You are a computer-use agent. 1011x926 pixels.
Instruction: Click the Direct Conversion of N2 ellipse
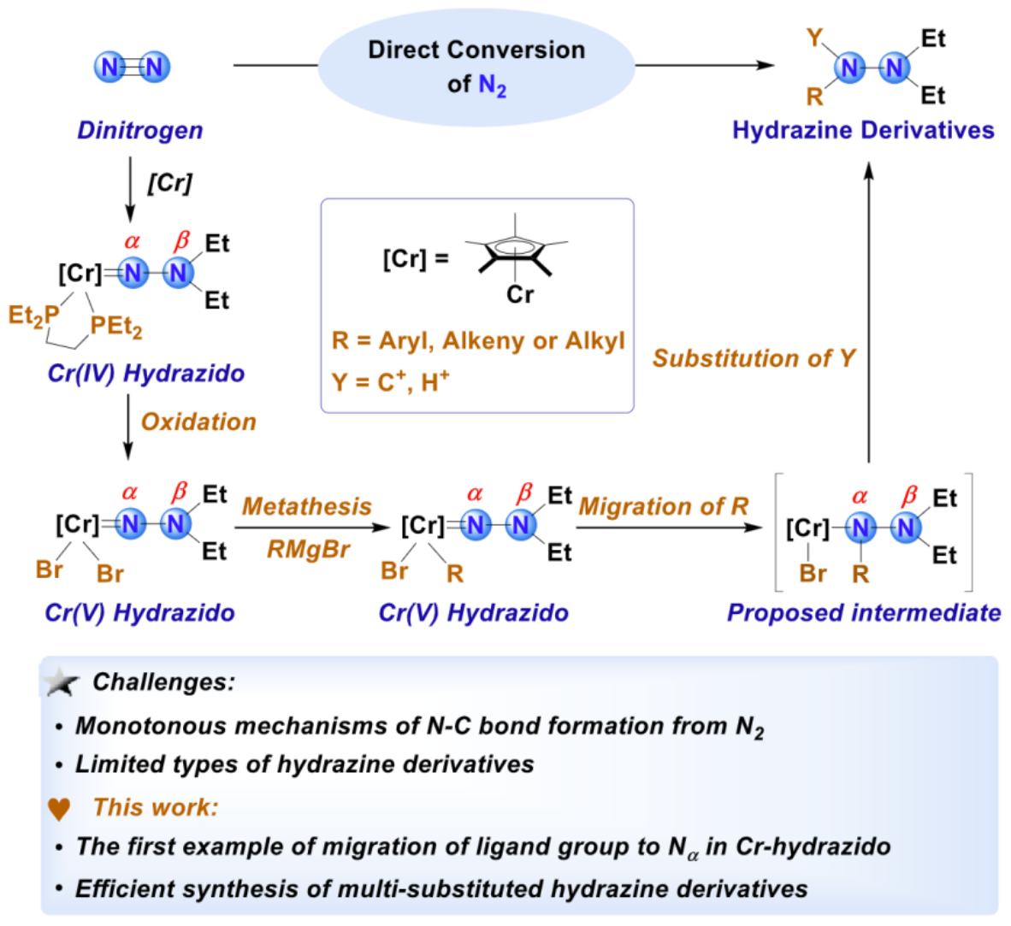(x=476, y=66)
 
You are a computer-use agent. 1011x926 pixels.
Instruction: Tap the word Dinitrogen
(x=140, y=130)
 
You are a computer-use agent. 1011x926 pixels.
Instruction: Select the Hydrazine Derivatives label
(x=863, y=130)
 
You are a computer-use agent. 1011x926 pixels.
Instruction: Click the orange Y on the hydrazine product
(x=814, y=38)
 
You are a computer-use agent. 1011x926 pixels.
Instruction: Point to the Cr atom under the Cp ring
(x=519, y=295)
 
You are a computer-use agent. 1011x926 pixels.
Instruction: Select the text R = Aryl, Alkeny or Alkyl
(x=478, y=341)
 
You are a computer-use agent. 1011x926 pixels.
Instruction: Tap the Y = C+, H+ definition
(x=391, y=381)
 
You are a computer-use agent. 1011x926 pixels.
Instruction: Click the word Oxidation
(x=198, y=422)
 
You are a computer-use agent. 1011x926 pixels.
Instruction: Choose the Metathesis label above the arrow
(x=307, y=506)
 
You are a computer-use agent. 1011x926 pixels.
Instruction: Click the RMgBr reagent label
(x=308, y=549)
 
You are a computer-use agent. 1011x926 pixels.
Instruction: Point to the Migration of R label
(x=664, y=506)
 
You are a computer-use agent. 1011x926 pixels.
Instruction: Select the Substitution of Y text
(x=754, y=358)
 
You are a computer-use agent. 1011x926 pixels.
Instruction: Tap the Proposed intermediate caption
(x=863, y=612)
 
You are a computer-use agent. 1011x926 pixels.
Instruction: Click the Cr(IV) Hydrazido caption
(x=146, y=373)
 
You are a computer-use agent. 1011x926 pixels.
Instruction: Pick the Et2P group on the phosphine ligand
(x=33, y=316)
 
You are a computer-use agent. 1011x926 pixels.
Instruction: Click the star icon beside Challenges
(x=62, y=682)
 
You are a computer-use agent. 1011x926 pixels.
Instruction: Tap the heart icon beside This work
(x=59, y=808)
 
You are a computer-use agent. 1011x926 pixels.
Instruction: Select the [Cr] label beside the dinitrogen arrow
(x=169, y=182)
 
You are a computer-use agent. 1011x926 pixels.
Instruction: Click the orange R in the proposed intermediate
(x=860, y=574)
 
